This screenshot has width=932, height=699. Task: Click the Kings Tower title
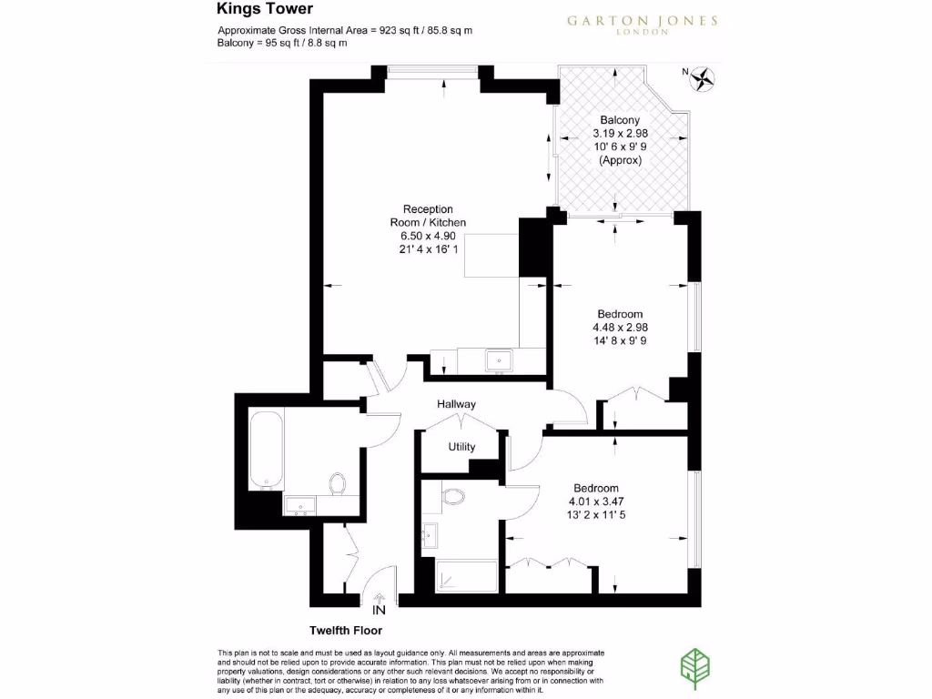265,9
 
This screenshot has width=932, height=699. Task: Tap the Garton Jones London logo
643,25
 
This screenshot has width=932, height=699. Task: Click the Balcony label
620,120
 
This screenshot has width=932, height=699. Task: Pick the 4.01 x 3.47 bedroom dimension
596,501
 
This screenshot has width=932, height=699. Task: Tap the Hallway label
456,404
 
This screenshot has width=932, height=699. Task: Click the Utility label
461,447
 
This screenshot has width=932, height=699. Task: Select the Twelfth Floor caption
346,630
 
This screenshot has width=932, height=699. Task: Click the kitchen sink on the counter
498,360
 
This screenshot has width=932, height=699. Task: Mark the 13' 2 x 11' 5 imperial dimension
596,514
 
